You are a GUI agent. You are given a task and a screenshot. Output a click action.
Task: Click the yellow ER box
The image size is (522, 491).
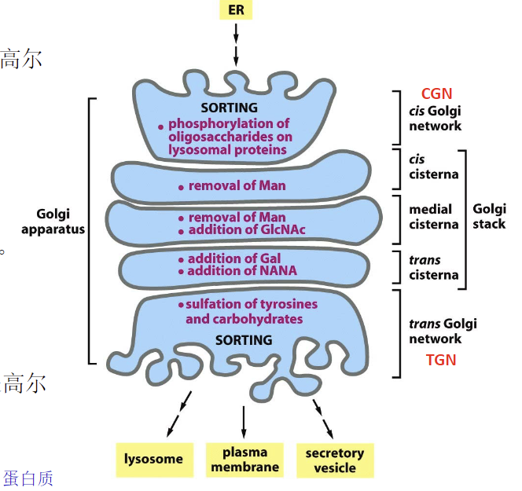(236, 10)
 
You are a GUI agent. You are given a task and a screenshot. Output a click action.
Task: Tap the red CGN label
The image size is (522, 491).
(436, 93)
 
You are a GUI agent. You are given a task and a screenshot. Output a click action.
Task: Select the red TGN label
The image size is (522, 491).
(440, 360)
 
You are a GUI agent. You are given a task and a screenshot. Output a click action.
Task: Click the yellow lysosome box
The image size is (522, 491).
(154, 459)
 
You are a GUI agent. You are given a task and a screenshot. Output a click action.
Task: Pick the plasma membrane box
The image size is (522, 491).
(244, 460)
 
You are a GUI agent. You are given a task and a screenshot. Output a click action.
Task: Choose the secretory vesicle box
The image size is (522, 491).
(335, 460)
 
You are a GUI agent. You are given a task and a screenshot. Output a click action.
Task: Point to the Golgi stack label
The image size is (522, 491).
(490, 216)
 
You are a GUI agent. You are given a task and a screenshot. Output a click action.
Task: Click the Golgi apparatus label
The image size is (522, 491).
(60, 222)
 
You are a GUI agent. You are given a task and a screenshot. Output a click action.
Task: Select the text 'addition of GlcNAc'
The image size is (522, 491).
(246, 230)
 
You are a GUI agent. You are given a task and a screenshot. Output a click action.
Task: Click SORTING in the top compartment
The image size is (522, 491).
(229, 108)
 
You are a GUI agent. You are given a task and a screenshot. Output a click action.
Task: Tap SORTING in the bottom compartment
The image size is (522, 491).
(243, 340)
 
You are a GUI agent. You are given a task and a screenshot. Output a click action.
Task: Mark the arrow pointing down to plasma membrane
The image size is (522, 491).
(244, 422)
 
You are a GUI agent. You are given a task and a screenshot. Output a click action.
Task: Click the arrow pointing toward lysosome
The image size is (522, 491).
(178, 416)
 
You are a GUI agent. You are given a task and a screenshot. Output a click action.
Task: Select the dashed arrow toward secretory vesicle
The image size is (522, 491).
(323, 416)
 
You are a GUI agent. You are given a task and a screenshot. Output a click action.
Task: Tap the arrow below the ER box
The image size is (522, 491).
(236, 47)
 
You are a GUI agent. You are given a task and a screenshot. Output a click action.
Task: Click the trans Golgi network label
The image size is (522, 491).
(443, 332)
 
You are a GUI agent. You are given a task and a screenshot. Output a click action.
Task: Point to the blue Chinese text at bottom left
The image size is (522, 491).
(28, 478)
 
